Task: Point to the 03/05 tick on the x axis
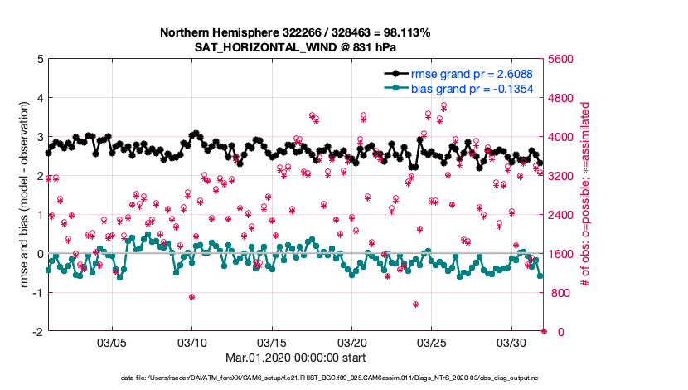tap(113, 343)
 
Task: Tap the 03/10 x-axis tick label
tap(192, 343)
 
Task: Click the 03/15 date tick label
tap(272, 343)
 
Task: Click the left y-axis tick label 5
tap(40, 60)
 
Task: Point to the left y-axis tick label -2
tap(37, 332)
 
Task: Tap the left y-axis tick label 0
tap(40, 254)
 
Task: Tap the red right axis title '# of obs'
tap(585, 196)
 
